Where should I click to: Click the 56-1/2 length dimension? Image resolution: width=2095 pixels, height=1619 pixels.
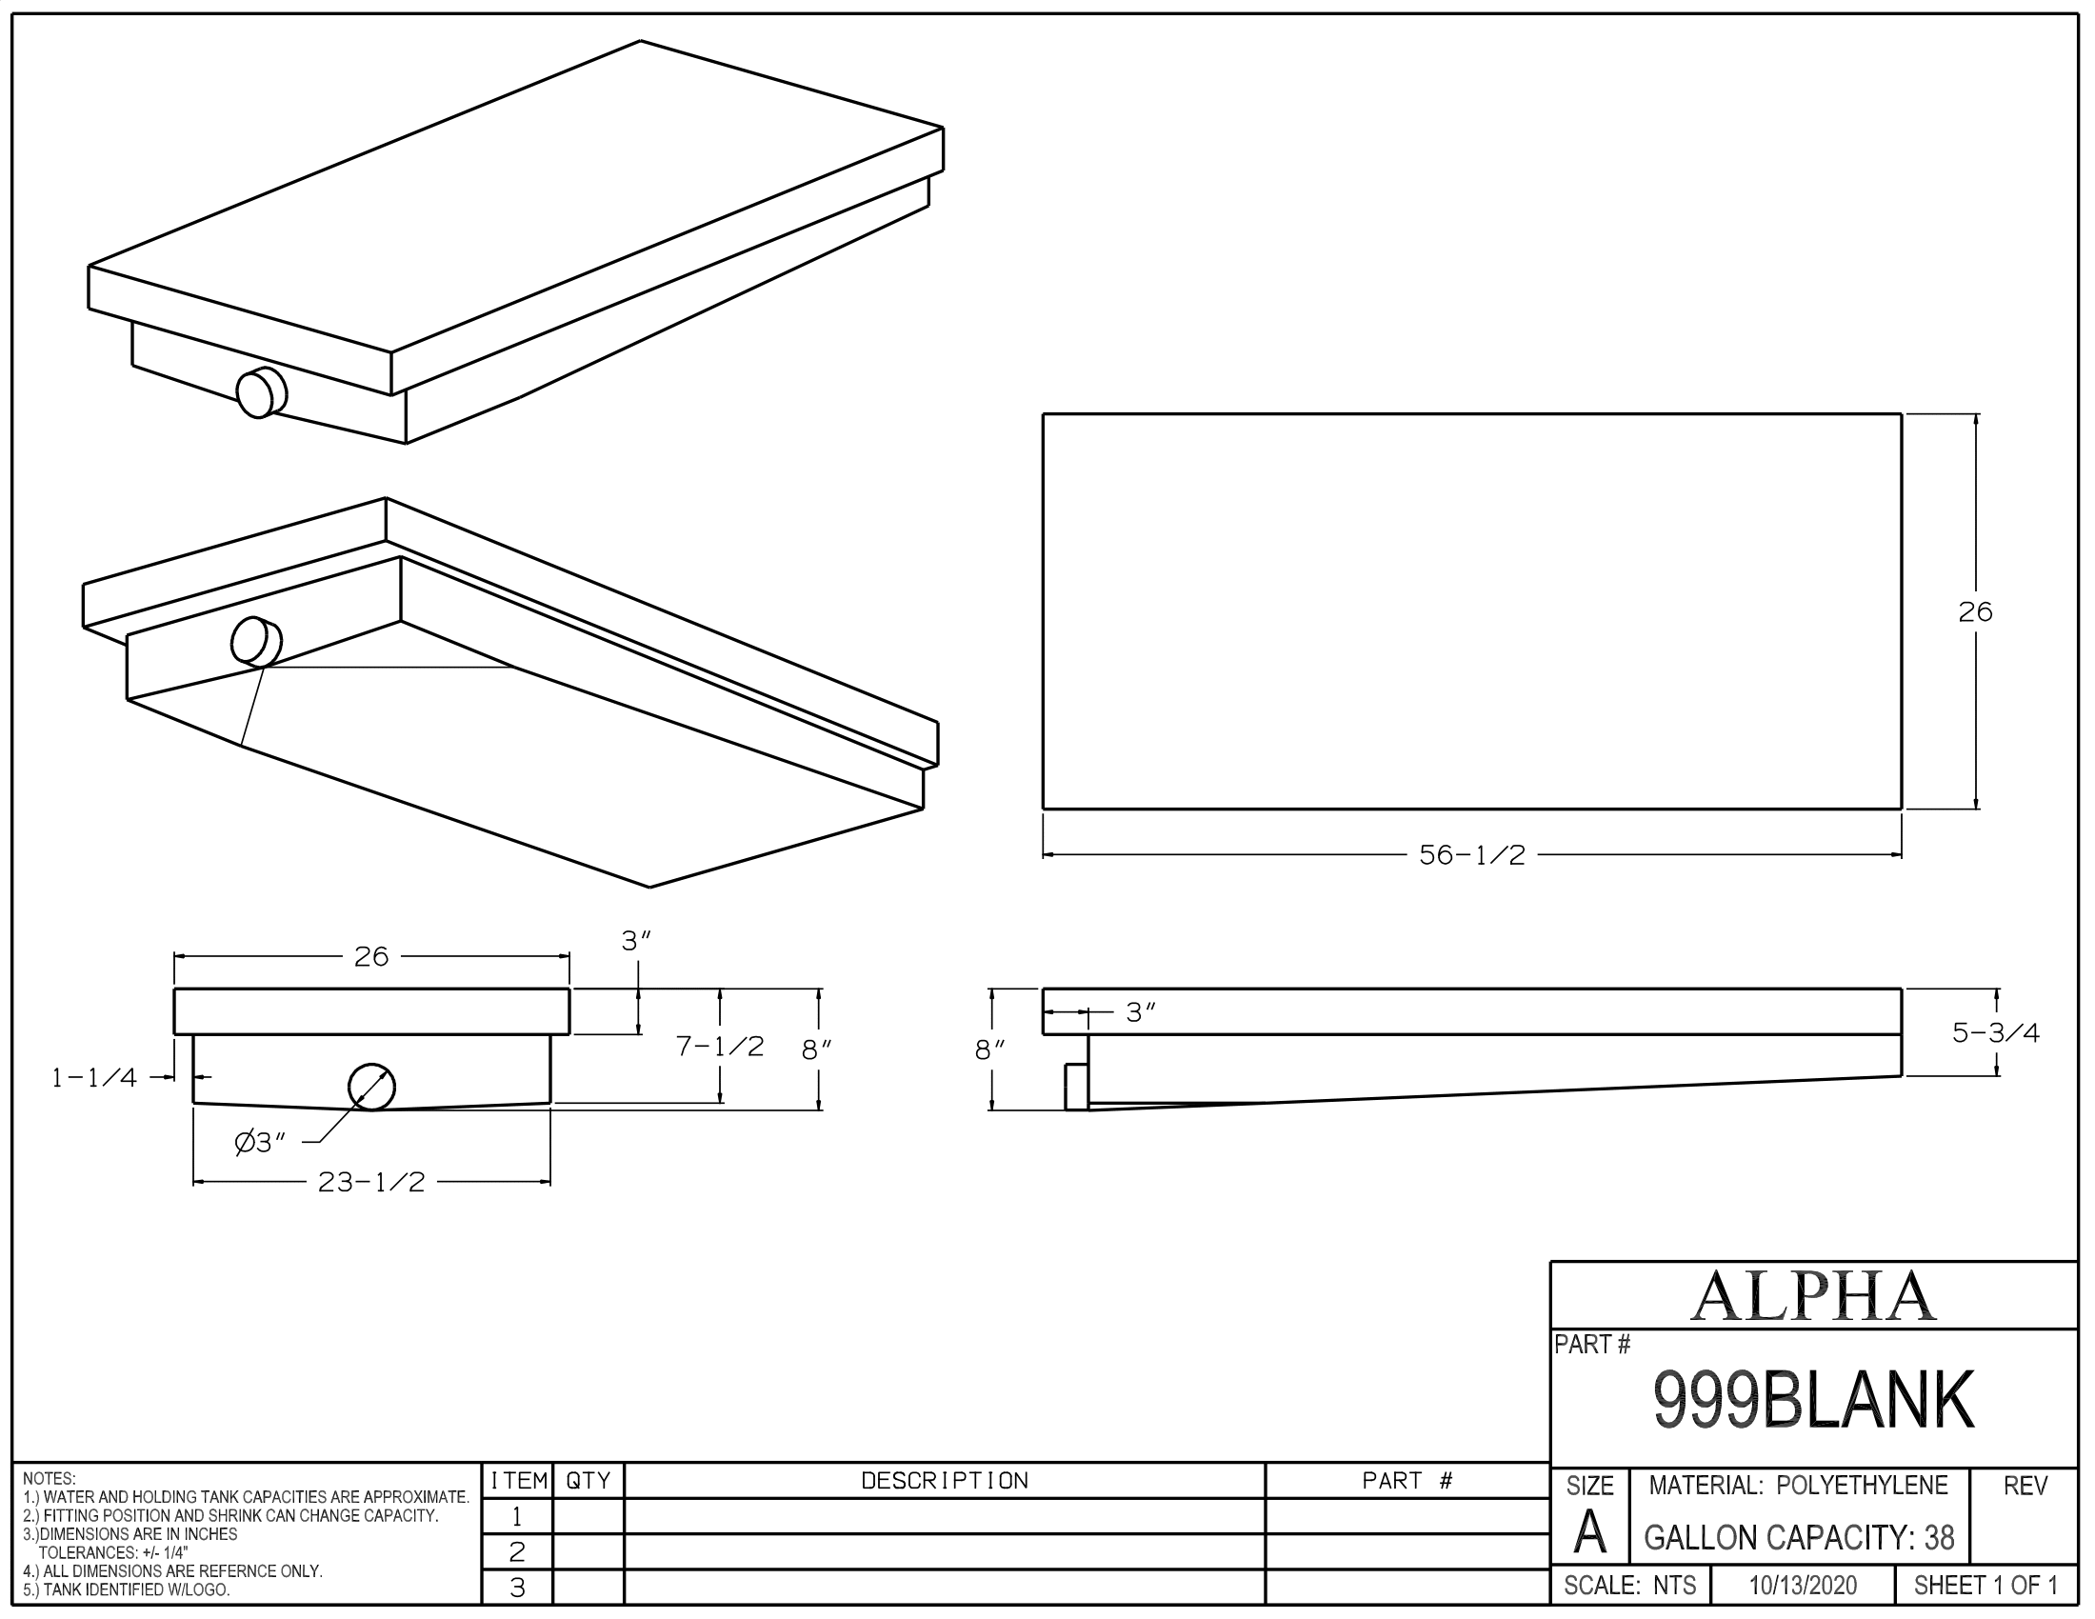pos(1471,854)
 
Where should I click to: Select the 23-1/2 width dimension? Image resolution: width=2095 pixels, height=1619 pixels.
pos(371,1182)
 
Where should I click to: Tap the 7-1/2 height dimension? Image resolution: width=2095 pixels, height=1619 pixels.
pos(719,1046)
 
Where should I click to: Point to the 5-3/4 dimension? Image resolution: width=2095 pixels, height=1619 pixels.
pos(1995,1032)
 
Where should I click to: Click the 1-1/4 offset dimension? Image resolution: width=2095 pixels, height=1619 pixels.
pos(94,1077)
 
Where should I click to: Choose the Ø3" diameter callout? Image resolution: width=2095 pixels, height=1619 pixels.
pos(260,1142)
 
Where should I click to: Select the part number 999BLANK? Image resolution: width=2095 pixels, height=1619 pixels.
pos(1813,1401)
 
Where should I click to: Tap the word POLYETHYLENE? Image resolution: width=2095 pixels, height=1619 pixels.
pos(1862,1486)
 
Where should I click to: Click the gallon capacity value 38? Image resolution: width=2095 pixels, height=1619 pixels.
pos(1939,1538)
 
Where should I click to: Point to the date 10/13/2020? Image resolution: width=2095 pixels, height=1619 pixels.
pos(1803,1586)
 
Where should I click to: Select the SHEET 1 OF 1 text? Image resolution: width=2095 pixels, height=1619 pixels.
pos(1985,1586)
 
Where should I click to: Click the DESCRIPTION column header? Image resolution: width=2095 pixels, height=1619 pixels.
pos(944,1481)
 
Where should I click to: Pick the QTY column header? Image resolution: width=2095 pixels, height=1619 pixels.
pos(588,1481)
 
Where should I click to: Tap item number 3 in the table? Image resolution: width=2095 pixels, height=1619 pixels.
pos(517,1589)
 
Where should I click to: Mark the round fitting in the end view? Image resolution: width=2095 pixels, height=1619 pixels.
pos(371,1087)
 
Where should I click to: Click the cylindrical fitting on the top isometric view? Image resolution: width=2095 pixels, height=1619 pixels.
pos(261,392)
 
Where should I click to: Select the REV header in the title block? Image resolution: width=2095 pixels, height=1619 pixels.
pos(2025,1486)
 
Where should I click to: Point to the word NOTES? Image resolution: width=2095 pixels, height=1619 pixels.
pos(49,1478)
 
